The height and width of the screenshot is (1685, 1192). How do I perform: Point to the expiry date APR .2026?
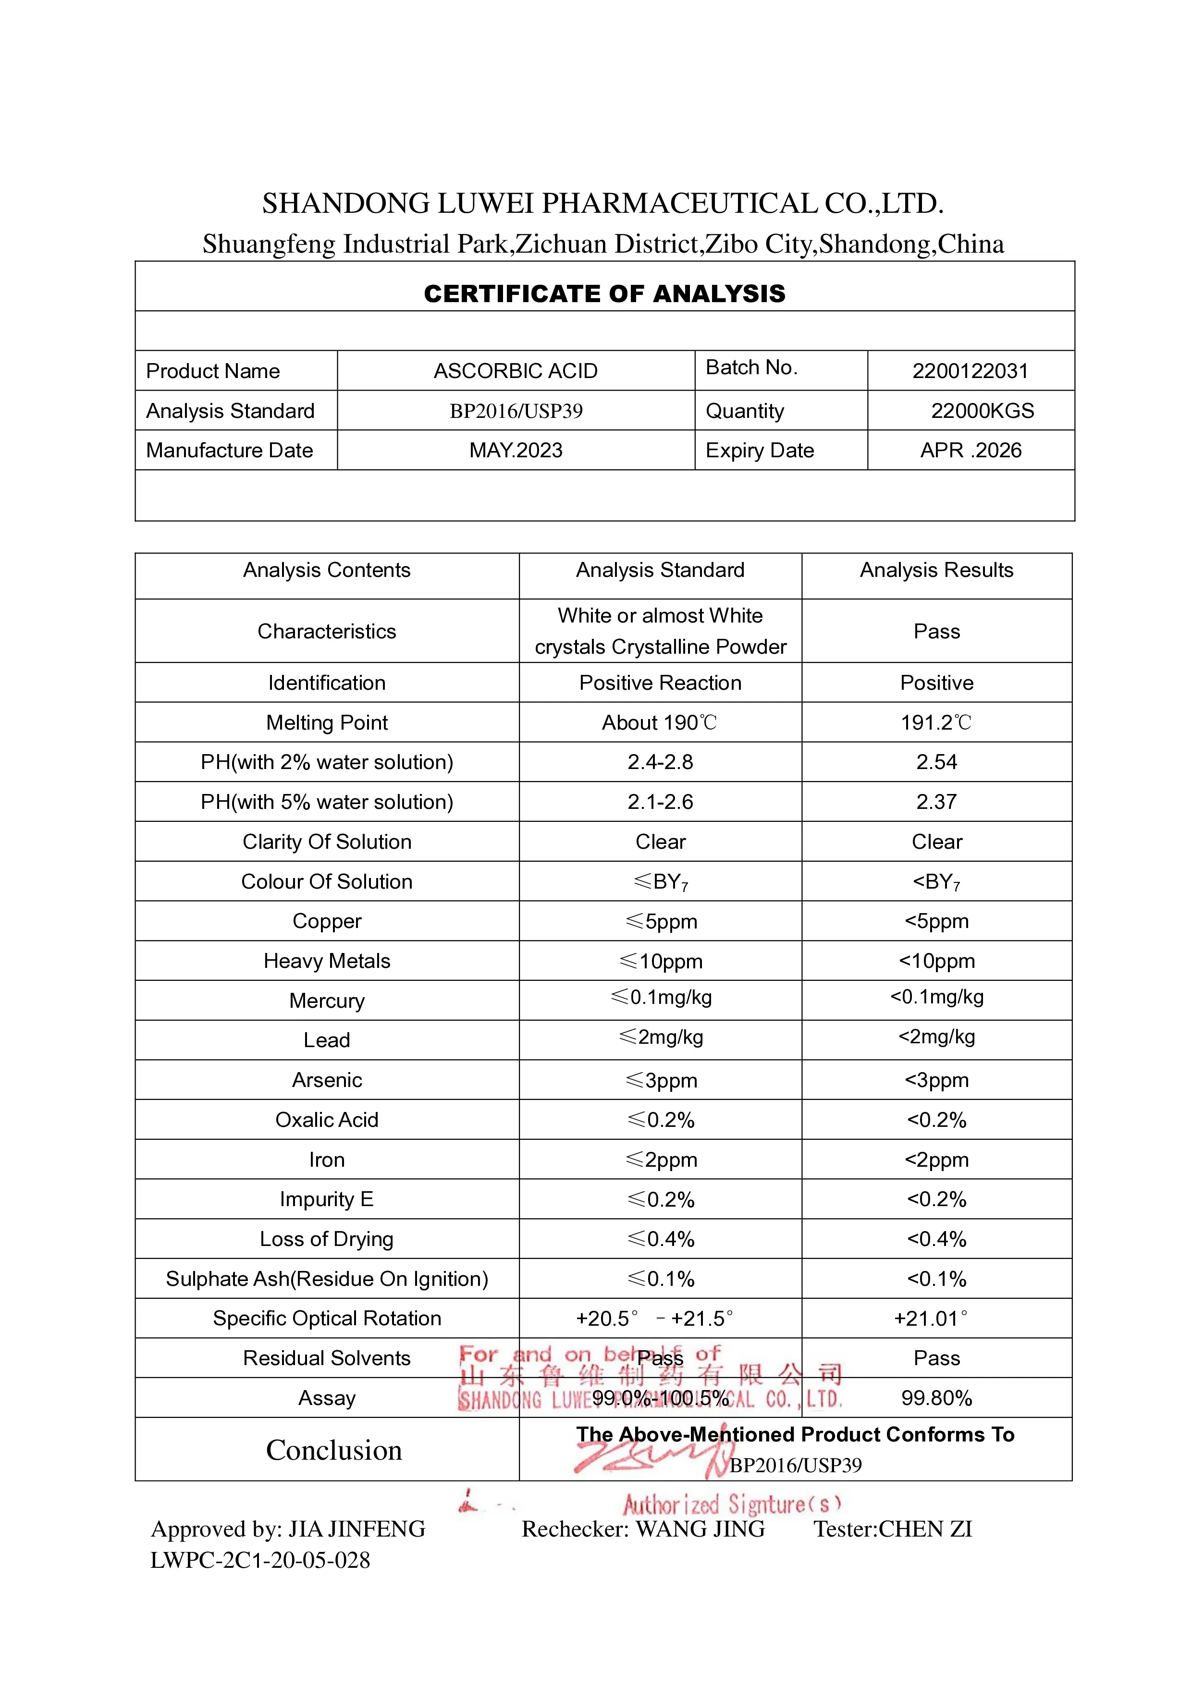pos(971,450)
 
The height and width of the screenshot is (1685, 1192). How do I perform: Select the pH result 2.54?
pos(936,762)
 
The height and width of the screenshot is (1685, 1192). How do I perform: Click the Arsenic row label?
pos(327,1080)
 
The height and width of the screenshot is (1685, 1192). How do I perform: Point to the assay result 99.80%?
pos(936,1398)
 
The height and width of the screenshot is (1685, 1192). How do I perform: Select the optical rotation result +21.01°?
pos(930,1319)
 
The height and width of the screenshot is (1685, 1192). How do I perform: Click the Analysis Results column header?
pos(936,570)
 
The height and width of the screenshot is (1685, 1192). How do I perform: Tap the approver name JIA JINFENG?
pos(356,1529)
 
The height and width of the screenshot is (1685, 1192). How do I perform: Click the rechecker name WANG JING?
pos(700,1529)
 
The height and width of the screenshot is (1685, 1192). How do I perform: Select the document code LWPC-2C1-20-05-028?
pos(260,1560)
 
